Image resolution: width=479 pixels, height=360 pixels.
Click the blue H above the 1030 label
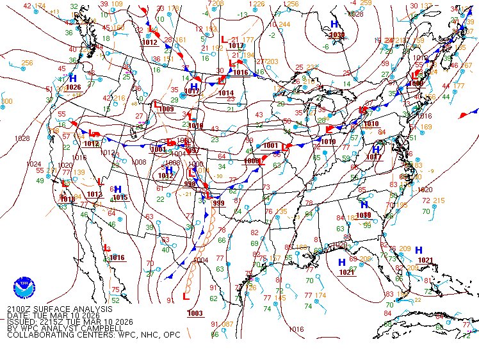pyautogui.click(x=334, y=24)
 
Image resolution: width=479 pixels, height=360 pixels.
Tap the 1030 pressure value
pyautogui.click(x=336, y=35)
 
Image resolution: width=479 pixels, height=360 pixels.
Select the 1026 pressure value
pyautogui.click(x=73, y=87)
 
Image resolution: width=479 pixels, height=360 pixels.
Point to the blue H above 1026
pyautogui.click(x=73, y=78)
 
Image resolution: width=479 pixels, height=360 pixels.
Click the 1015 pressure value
pyautogui.click(x=120, y=197)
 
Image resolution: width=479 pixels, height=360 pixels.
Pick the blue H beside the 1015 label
pyautogui.click(x=118, y=189)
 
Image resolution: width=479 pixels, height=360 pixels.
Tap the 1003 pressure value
pyautogui.click(x=195, y=313)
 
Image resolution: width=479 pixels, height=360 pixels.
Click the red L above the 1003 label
pyautogui.click(x=186, y=297)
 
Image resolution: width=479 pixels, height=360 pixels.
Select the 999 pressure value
pyautogui.click(x=218, y=203)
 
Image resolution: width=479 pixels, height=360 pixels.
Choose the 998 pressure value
pyautogui.click(x=190, y=183)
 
